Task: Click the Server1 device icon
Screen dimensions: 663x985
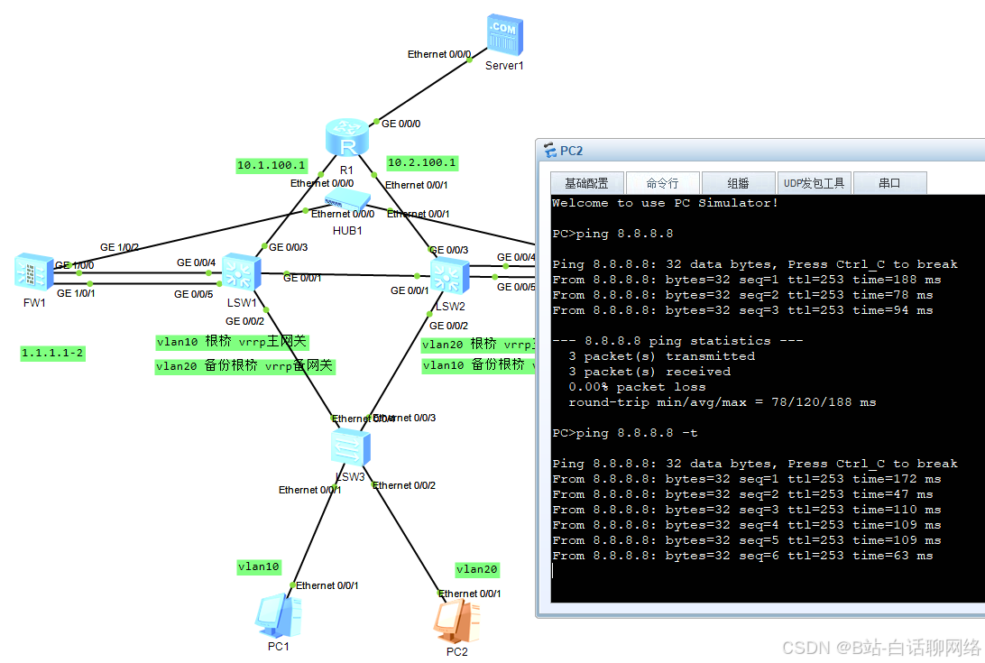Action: point(503,35)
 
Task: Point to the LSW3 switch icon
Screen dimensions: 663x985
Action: point(349,446)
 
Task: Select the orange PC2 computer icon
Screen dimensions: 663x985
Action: point(456,621)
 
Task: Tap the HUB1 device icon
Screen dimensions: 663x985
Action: point(348,204)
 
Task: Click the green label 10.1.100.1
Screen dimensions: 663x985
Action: point(272,166)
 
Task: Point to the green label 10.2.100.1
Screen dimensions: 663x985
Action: point(421,163)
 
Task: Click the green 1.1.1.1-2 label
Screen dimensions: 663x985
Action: point(53,354)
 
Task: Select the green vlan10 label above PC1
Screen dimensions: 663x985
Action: point(259,566)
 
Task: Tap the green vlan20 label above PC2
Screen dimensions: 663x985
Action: point(477,569)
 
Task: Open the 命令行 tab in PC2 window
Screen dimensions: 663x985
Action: point(661,183)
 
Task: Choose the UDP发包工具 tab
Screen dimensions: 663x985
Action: point(814,183)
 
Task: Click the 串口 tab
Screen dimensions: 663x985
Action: point(889,183)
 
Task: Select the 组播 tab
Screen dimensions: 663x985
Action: point(738,183)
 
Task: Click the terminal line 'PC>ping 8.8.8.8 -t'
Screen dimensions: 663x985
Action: point(624,433)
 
